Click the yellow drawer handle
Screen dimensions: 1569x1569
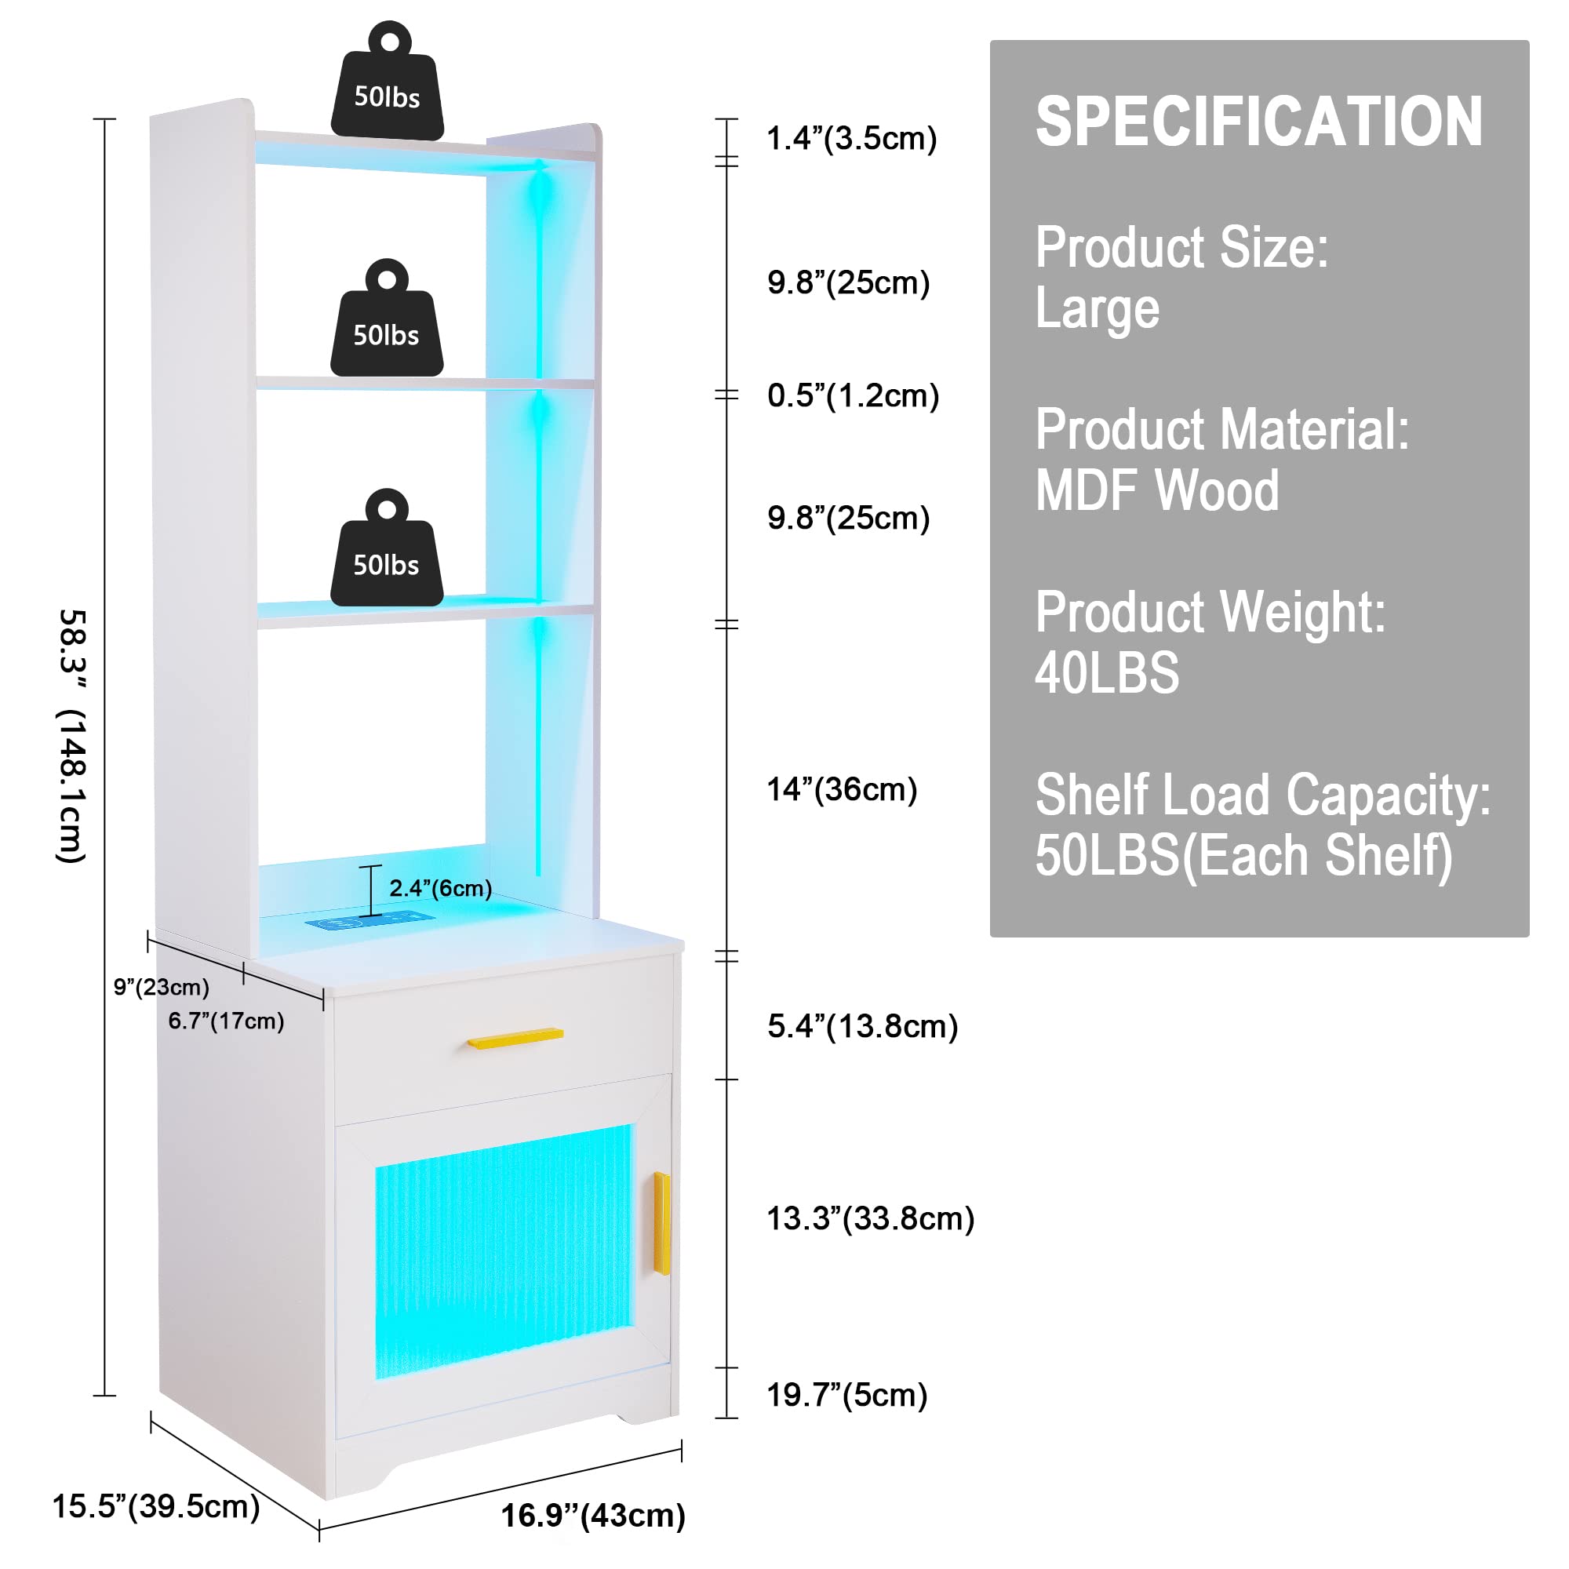coord(515,1038)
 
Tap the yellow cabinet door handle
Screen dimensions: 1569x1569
coord(662,1223)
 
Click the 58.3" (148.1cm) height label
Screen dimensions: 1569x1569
coord(73,735)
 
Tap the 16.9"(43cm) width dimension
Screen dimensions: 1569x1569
coord(593,1516)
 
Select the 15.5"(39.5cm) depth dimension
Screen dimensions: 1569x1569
coord(156,1505)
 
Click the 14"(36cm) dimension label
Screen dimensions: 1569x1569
coord(841,789)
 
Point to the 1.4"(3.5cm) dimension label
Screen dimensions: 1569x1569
coord(852,139)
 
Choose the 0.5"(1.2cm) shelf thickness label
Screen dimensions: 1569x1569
coord(853,395)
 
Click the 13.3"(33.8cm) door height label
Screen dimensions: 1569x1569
coord(870,1218)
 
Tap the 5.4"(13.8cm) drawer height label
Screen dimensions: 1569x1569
coord(862,1026)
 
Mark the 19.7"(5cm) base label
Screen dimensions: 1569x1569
coord(846,1395)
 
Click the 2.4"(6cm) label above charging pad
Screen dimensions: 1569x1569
coord(440,889)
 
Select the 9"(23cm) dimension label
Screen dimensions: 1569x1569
coord(162,988)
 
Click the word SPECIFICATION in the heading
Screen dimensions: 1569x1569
coord(1259,122)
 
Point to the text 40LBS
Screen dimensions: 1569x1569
coord(1107,673)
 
